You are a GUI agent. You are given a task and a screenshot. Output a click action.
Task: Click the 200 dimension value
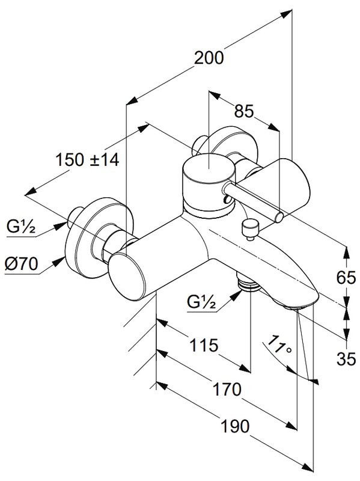tap(209, 58)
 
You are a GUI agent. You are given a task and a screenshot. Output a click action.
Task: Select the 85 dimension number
tap(244, 111)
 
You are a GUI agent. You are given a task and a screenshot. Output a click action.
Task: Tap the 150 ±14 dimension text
tap(87, 160)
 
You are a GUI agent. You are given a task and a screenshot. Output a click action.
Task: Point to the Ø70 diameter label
tap(22, 264)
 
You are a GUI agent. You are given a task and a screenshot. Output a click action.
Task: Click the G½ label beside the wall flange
tap(21, 227)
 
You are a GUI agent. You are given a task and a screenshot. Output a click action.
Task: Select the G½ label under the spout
tap(201, 302)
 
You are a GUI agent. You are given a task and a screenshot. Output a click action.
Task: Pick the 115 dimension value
tap(204, 345)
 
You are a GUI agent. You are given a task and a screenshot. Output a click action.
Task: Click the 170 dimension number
tap(227, 389)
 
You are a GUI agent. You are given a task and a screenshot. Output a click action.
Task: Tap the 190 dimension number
tap(235, 426)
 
